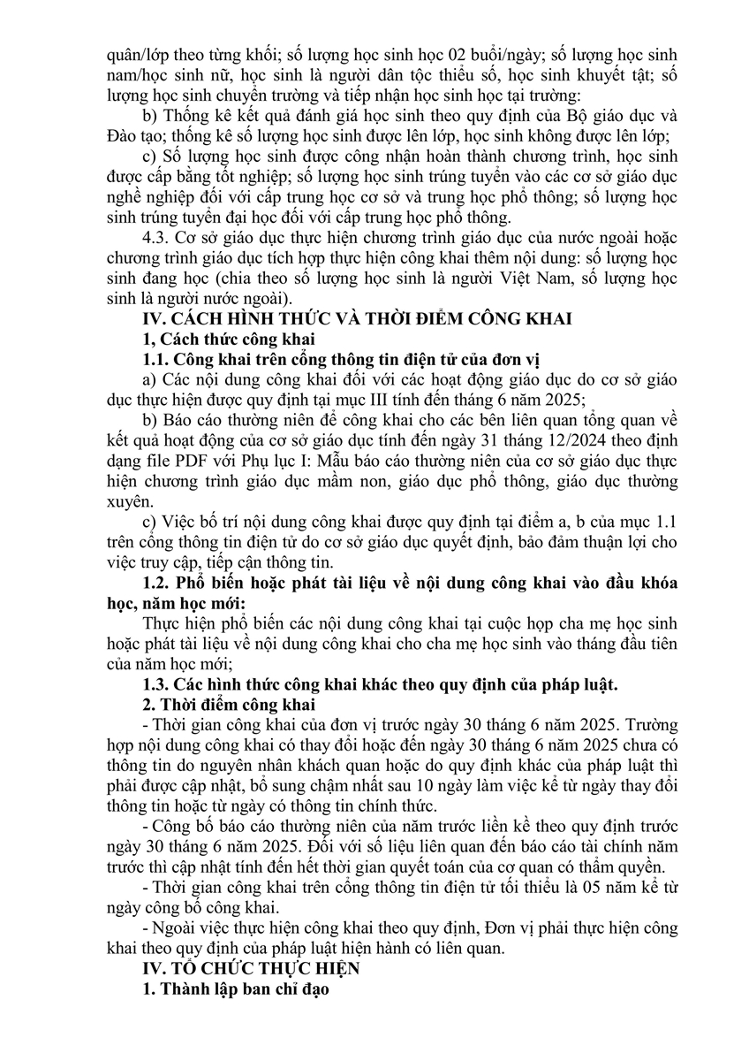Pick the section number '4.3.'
point(159,241)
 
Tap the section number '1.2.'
point(156,584)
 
